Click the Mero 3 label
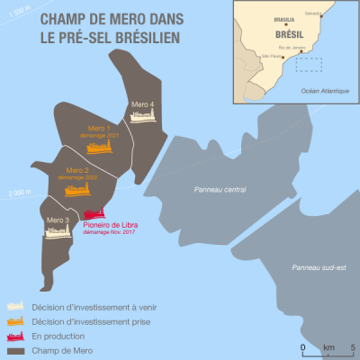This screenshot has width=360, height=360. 57,219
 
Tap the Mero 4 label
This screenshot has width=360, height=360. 143,105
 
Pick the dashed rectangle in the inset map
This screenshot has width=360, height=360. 310,64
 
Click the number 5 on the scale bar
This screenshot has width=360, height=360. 352,346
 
